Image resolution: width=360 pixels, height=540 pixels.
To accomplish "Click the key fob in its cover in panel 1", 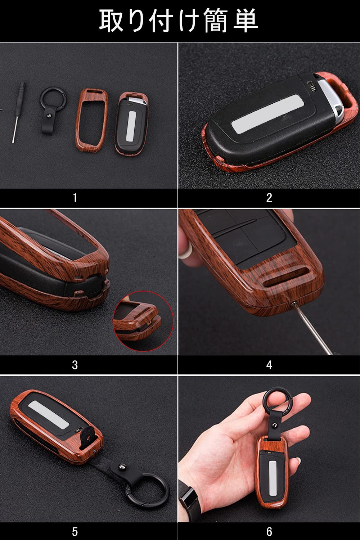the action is coord(132,123).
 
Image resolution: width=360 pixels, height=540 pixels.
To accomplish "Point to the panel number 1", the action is coord(75,198).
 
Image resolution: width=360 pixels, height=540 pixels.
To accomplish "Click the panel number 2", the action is coord(269,198).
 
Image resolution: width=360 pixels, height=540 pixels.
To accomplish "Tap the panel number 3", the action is coord(75,365).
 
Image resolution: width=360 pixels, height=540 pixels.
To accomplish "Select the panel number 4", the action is coord(269,365).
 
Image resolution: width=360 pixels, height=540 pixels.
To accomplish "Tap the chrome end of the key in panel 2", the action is coord(331,101).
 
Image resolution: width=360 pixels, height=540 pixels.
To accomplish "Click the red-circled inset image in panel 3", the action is coord(143,321).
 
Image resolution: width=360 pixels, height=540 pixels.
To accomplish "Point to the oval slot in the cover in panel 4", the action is coord(286,277).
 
